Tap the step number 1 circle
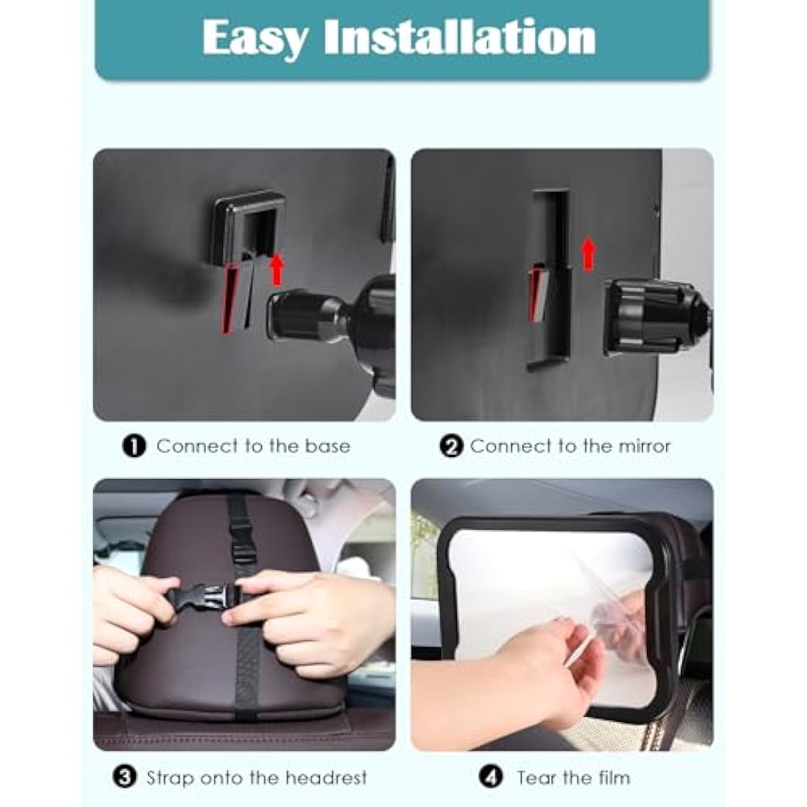(x=134, y=446)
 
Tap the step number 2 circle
(x=453, y=446)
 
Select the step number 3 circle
(x=126, y=777)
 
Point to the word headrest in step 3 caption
(x=326, y=777)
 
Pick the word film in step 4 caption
(x=613, y=777)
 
